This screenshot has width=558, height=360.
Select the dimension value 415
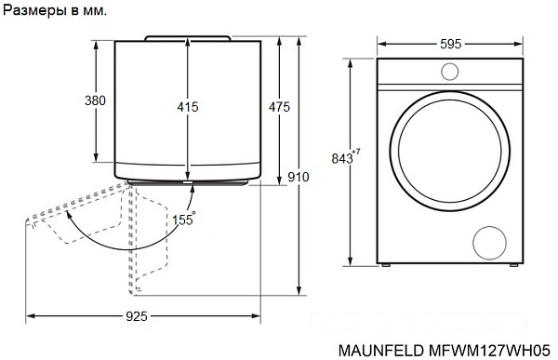click(188, 107)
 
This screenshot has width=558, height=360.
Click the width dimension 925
click(137, 317)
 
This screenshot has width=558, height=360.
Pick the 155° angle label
click(182, 220)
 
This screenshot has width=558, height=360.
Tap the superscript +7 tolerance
click(356, 152)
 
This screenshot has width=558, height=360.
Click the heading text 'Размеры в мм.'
click(54, 12)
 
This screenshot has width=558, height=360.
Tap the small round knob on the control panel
click(449, 72)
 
